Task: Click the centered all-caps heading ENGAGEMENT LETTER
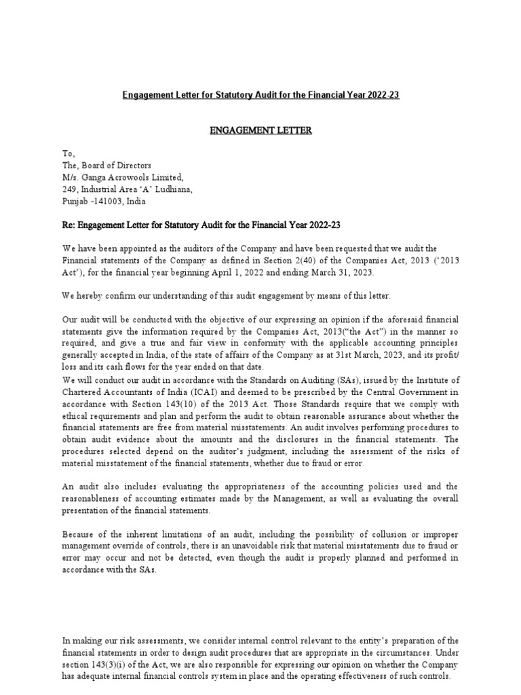click(260, 130)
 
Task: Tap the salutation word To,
click(67, 155)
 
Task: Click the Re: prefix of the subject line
click(69, 225)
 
